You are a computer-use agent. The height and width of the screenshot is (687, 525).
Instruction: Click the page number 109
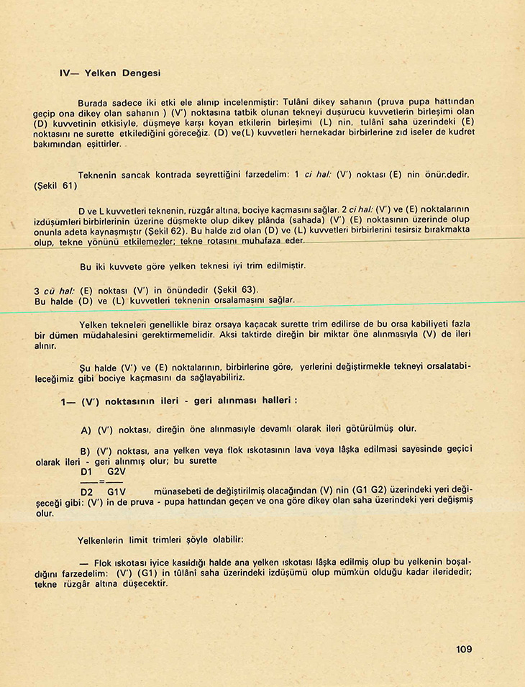(x=464, y=650)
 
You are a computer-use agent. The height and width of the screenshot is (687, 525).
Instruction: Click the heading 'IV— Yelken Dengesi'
(x=110, y=73)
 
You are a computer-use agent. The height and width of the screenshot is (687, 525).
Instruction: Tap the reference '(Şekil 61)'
(x=55, y=185)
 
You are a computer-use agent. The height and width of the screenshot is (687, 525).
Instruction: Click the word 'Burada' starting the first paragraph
(x=93, y=102)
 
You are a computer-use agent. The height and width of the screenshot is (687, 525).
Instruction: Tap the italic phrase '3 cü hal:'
(x=55, y=290)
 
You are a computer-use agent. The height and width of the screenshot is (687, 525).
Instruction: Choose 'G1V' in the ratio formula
(x=117, y=491)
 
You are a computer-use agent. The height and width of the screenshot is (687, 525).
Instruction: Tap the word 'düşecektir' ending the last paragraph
(x=143, y=584)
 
